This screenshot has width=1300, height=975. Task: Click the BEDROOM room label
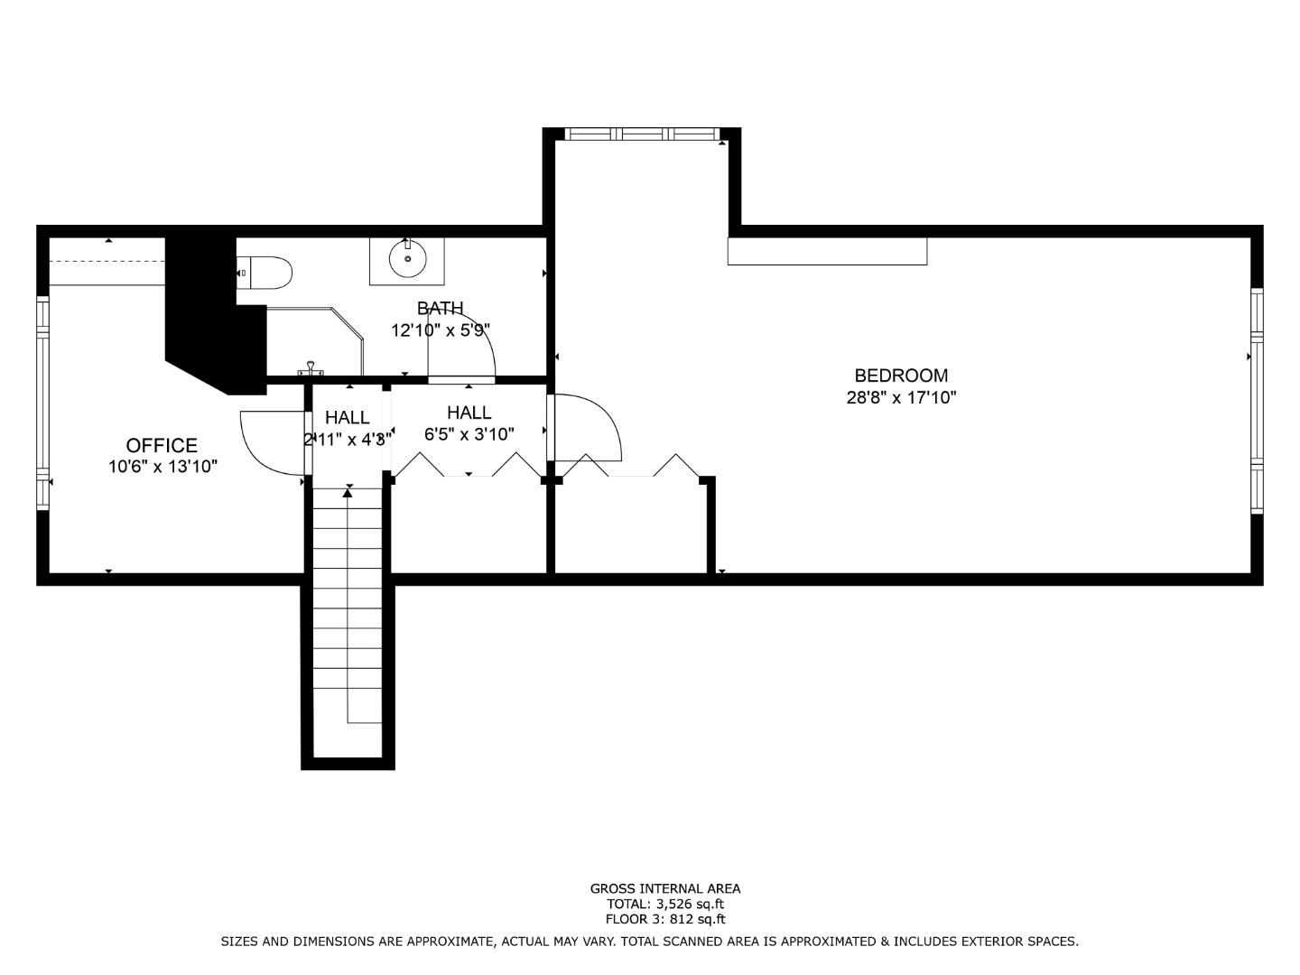click(x=901, y=376)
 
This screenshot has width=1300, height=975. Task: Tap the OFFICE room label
click(x=162, y=445)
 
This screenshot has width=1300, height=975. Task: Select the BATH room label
click(x=441, y=309)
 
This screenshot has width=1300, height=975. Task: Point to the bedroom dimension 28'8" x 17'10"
click(x=901, y=397)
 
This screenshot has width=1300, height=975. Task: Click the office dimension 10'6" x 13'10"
click(x=162, y=467)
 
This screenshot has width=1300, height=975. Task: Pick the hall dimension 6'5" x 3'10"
click(x=469, y=434)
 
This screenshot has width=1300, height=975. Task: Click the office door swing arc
click(x=266, y=442)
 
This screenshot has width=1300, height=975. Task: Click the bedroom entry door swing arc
click(x=591, y=429)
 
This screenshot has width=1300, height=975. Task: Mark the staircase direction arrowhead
click(x=348, y=492)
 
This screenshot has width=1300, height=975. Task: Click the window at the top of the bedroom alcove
click(x=643, y=134)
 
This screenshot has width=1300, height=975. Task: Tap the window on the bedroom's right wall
click(x=1256, y=400)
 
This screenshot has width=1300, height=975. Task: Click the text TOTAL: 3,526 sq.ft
click(x=665, y=904)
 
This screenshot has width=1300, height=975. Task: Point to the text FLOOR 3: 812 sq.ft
click(x=665, y=920)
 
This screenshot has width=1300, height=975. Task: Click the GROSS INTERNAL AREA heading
click(x=665, y=888)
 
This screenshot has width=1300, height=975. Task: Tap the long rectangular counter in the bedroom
click(x=827, y=251)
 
